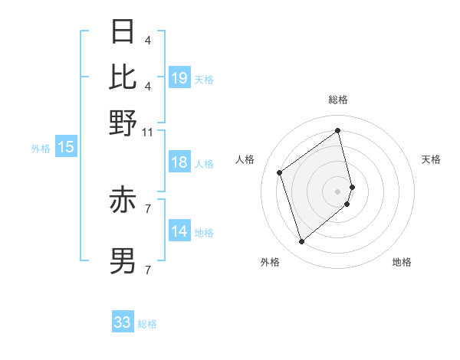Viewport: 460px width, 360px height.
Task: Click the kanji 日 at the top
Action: [x=123, y=32]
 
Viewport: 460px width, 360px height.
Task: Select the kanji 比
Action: [x=123, y=77]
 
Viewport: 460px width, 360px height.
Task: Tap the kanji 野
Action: [x=123, y=122]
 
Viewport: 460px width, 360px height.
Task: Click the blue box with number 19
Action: [x=179, y=77]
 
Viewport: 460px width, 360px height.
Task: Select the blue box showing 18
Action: [x=179, y=162]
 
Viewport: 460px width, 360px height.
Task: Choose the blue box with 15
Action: [x=66, y=148]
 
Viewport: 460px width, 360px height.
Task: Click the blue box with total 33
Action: [x=123, y=322]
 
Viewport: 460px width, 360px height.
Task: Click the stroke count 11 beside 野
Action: [x=147, y=132]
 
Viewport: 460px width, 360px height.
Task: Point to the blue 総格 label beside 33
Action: [x=148, y=324]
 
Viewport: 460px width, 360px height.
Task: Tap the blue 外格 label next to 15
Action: [x=41, y=149]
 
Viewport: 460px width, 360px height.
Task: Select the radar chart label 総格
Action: [x=338, y=100]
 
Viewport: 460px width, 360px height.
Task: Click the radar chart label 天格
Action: [x=431, y=159]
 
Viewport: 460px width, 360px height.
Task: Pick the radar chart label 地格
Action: [x=402, y=262]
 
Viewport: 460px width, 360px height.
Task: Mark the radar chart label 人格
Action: [x=245, y=159]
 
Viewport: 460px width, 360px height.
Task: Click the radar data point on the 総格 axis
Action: [x=338, y=130]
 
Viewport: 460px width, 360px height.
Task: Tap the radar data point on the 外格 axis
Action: [x=301, y=242]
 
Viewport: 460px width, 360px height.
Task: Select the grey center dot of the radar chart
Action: [x=338, y=191]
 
